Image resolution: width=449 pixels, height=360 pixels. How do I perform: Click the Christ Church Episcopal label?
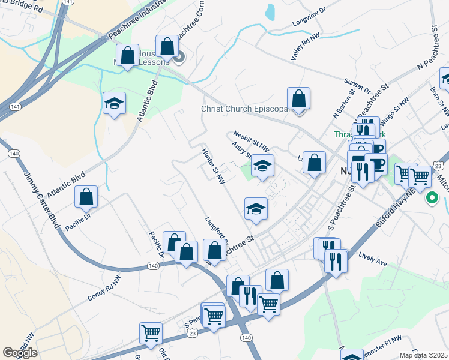(x=245, y=109)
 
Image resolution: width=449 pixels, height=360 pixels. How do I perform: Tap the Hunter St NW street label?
(x=214, y=165)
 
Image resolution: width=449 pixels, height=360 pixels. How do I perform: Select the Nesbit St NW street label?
(x=251, y=143)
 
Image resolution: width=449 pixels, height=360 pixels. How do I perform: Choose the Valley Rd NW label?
(x=306, y=46)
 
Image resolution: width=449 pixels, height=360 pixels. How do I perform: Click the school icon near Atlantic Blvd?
(x=114, y=103)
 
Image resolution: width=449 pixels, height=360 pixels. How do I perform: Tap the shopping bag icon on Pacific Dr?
(x=86, y=196)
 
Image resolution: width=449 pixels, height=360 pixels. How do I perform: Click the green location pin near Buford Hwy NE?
(x=431, y=197)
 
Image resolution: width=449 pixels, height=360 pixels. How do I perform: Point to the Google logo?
(x=20, y=353)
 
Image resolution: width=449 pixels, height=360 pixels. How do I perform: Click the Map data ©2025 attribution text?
(x=423, y=355)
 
